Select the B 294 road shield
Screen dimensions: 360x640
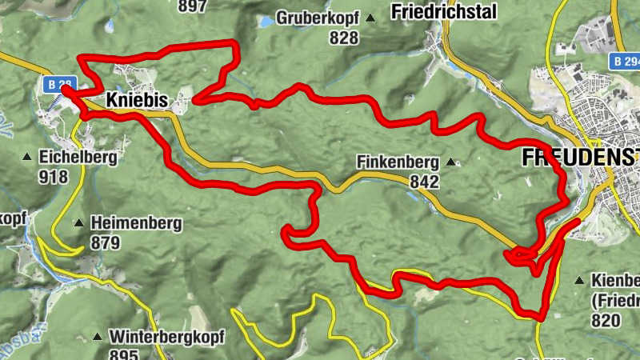[625, 61]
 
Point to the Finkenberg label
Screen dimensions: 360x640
[398, 162]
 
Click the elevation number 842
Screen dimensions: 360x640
[424, 182]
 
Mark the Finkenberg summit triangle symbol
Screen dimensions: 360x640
[450, 162]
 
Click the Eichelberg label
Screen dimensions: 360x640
[78, 157]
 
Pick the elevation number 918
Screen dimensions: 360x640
[54, 176]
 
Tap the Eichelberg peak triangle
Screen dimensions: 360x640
[27, 157]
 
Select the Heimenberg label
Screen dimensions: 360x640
[136, 223]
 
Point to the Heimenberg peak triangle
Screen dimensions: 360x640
[79, 223]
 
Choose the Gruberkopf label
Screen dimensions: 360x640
[318, 18]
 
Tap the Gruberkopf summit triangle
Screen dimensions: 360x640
[370, 18]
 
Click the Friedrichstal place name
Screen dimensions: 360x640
[444, 12]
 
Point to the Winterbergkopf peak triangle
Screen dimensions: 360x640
[98, 336]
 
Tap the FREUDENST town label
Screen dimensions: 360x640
[580, 157]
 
